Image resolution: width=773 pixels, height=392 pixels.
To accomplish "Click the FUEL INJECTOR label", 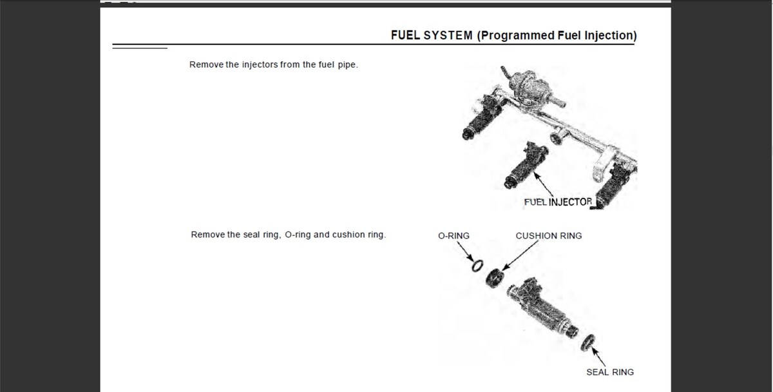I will point(558,202).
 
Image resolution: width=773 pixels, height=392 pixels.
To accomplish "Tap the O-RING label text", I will point(453,236).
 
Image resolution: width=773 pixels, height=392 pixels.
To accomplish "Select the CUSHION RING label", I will point(548,236).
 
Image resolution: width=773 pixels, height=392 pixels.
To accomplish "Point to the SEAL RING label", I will point(609,372).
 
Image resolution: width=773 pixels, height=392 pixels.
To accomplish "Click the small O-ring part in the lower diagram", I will point(477,265).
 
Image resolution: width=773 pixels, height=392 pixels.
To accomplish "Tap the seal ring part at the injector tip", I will point(587,342).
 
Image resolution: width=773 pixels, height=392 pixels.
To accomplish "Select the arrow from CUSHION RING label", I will point(518,255).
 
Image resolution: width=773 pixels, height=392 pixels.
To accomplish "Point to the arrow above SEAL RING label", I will point(598,356).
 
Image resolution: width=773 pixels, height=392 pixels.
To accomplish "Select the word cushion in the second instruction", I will point(348,235).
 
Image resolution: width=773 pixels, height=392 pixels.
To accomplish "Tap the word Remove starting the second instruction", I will point(207,235).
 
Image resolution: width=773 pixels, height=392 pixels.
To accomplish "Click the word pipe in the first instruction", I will point(347,65).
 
